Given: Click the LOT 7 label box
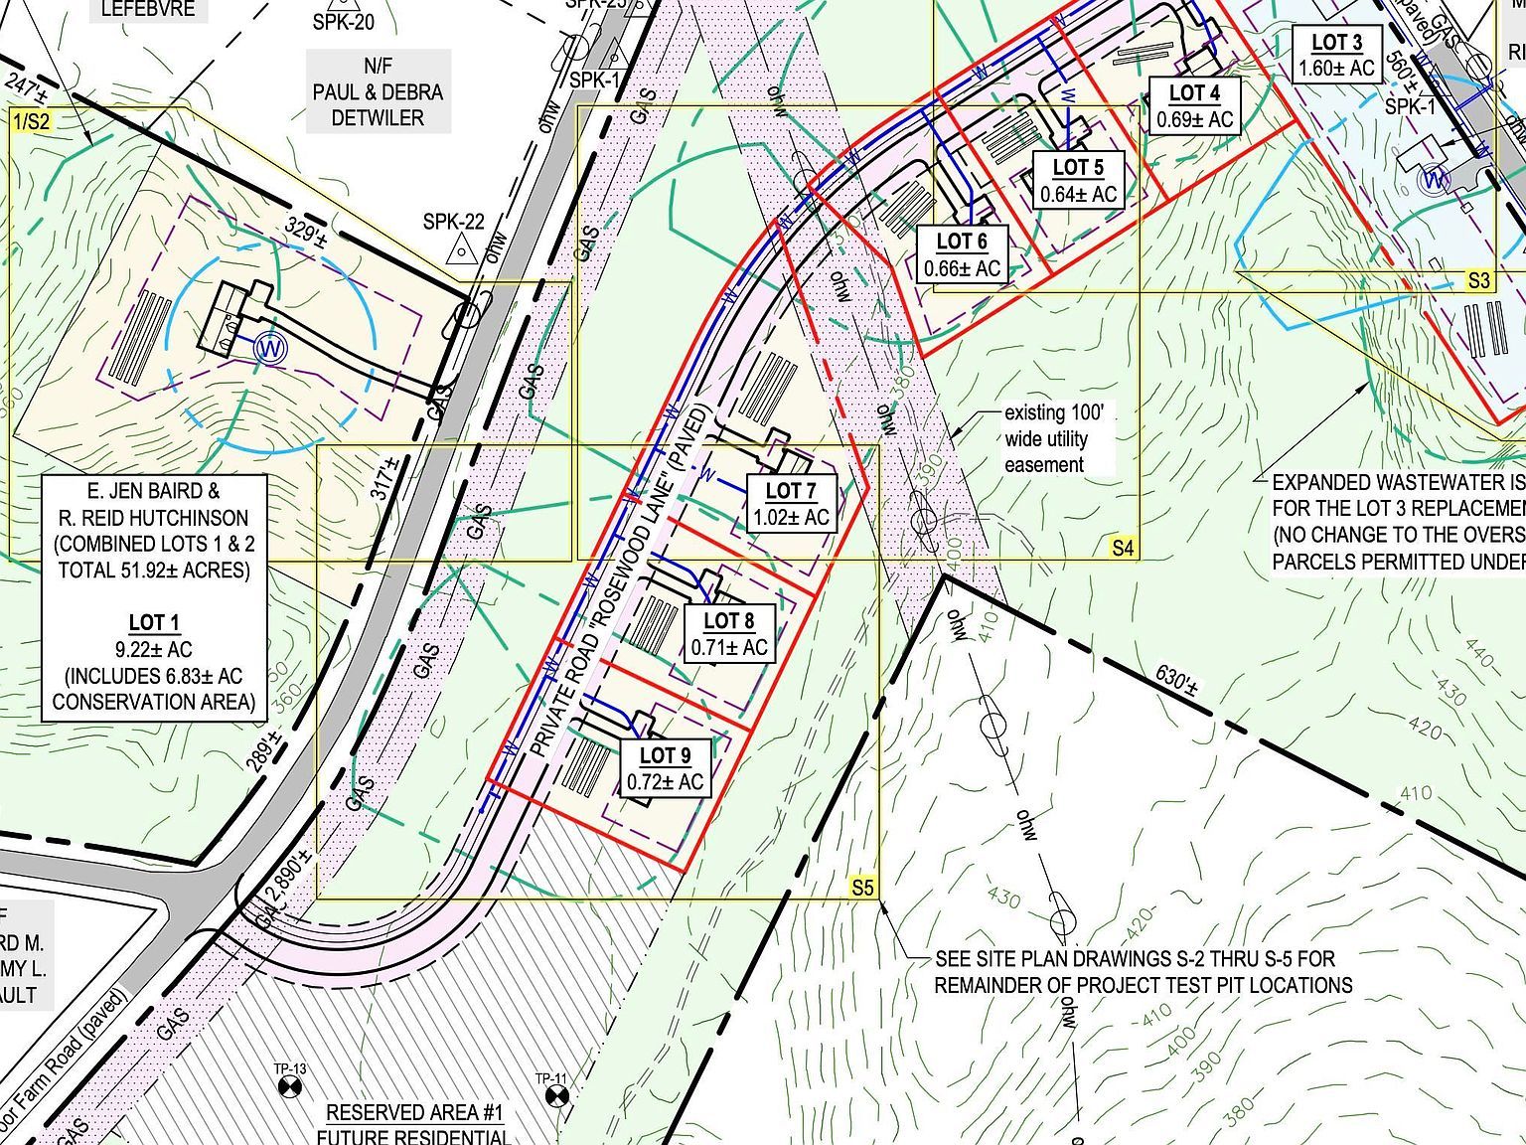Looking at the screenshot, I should tap(791, 504).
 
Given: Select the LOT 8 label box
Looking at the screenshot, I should tap(729, 634).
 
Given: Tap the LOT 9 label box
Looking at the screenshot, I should tap(665, 768).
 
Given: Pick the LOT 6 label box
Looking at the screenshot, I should tap(962, 254).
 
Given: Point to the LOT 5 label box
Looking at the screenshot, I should tap(1078, 180).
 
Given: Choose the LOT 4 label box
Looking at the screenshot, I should tap(1194, 106).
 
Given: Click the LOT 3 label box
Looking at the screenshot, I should tap(1336, 55).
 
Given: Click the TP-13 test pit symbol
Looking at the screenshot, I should tap(289, 1089).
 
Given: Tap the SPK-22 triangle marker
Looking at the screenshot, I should tap(461, 248).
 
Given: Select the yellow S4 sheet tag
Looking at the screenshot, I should tap(1123, 548).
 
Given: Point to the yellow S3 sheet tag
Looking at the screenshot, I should tap(1479, 281).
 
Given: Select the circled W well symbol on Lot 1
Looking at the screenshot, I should tap(267, 347).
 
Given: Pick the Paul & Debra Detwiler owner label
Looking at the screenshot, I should tap(378, 92).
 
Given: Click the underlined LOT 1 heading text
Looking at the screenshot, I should tap(154, 623).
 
